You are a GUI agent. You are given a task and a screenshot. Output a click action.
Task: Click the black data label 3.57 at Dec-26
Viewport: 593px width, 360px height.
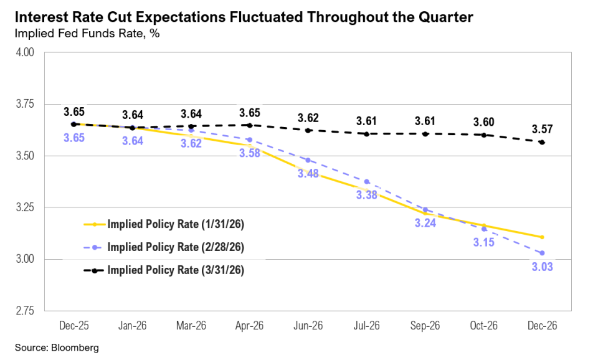(542, 130)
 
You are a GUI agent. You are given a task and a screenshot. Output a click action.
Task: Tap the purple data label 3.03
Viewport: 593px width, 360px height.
(542, 267)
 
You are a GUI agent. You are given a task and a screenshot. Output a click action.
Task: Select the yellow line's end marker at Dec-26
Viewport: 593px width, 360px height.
(542, 237)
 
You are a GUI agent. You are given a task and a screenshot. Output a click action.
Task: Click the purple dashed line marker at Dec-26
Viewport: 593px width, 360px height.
(542, 253)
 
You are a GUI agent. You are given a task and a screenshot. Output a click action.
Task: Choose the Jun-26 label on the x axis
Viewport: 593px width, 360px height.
(308, 326)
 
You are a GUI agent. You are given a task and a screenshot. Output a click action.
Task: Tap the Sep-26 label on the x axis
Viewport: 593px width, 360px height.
(425, 326)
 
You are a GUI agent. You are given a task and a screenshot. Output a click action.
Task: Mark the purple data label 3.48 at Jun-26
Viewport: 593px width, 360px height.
(308, 174)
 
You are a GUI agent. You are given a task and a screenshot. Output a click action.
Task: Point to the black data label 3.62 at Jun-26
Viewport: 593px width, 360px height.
(308, 118)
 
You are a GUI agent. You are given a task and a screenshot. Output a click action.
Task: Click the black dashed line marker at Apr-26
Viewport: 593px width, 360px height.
(250, 125)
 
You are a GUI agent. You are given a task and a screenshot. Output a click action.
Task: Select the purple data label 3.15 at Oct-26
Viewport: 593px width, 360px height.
(483, 242)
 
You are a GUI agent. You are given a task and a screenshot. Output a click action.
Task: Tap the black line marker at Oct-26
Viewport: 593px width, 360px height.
(483, 135)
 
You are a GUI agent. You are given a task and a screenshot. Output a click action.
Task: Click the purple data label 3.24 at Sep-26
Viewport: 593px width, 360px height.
(425, 222)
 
